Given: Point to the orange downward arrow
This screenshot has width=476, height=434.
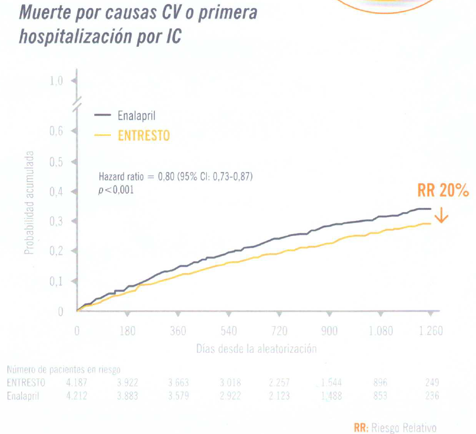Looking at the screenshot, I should [x=442, y=216].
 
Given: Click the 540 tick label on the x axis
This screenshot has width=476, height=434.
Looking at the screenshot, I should [x=229, y=331].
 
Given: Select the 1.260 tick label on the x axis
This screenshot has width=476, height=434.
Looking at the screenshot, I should [x=430, y=331].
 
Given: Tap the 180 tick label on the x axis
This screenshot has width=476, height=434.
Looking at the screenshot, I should [x=127, y=331].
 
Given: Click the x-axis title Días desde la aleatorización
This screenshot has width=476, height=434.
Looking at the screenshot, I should [x=257, y=349].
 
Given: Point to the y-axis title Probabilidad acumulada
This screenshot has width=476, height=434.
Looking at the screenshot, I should [x=30, y=203].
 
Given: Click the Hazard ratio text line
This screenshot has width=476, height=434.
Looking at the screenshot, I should [x=175, y=177].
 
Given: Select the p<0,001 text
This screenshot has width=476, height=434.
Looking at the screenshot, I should [x=116, y=190].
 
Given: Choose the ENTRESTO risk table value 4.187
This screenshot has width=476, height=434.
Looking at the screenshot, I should [x=77, y=383].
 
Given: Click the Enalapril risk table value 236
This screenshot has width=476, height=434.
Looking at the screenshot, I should [x=431, y=396].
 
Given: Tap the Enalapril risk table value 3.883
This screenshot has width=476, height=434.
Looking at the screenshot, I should [x=127, y=396].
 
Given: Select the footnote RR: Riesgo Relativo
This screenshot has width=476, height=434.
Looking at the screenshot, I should [x=395, y=428].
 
